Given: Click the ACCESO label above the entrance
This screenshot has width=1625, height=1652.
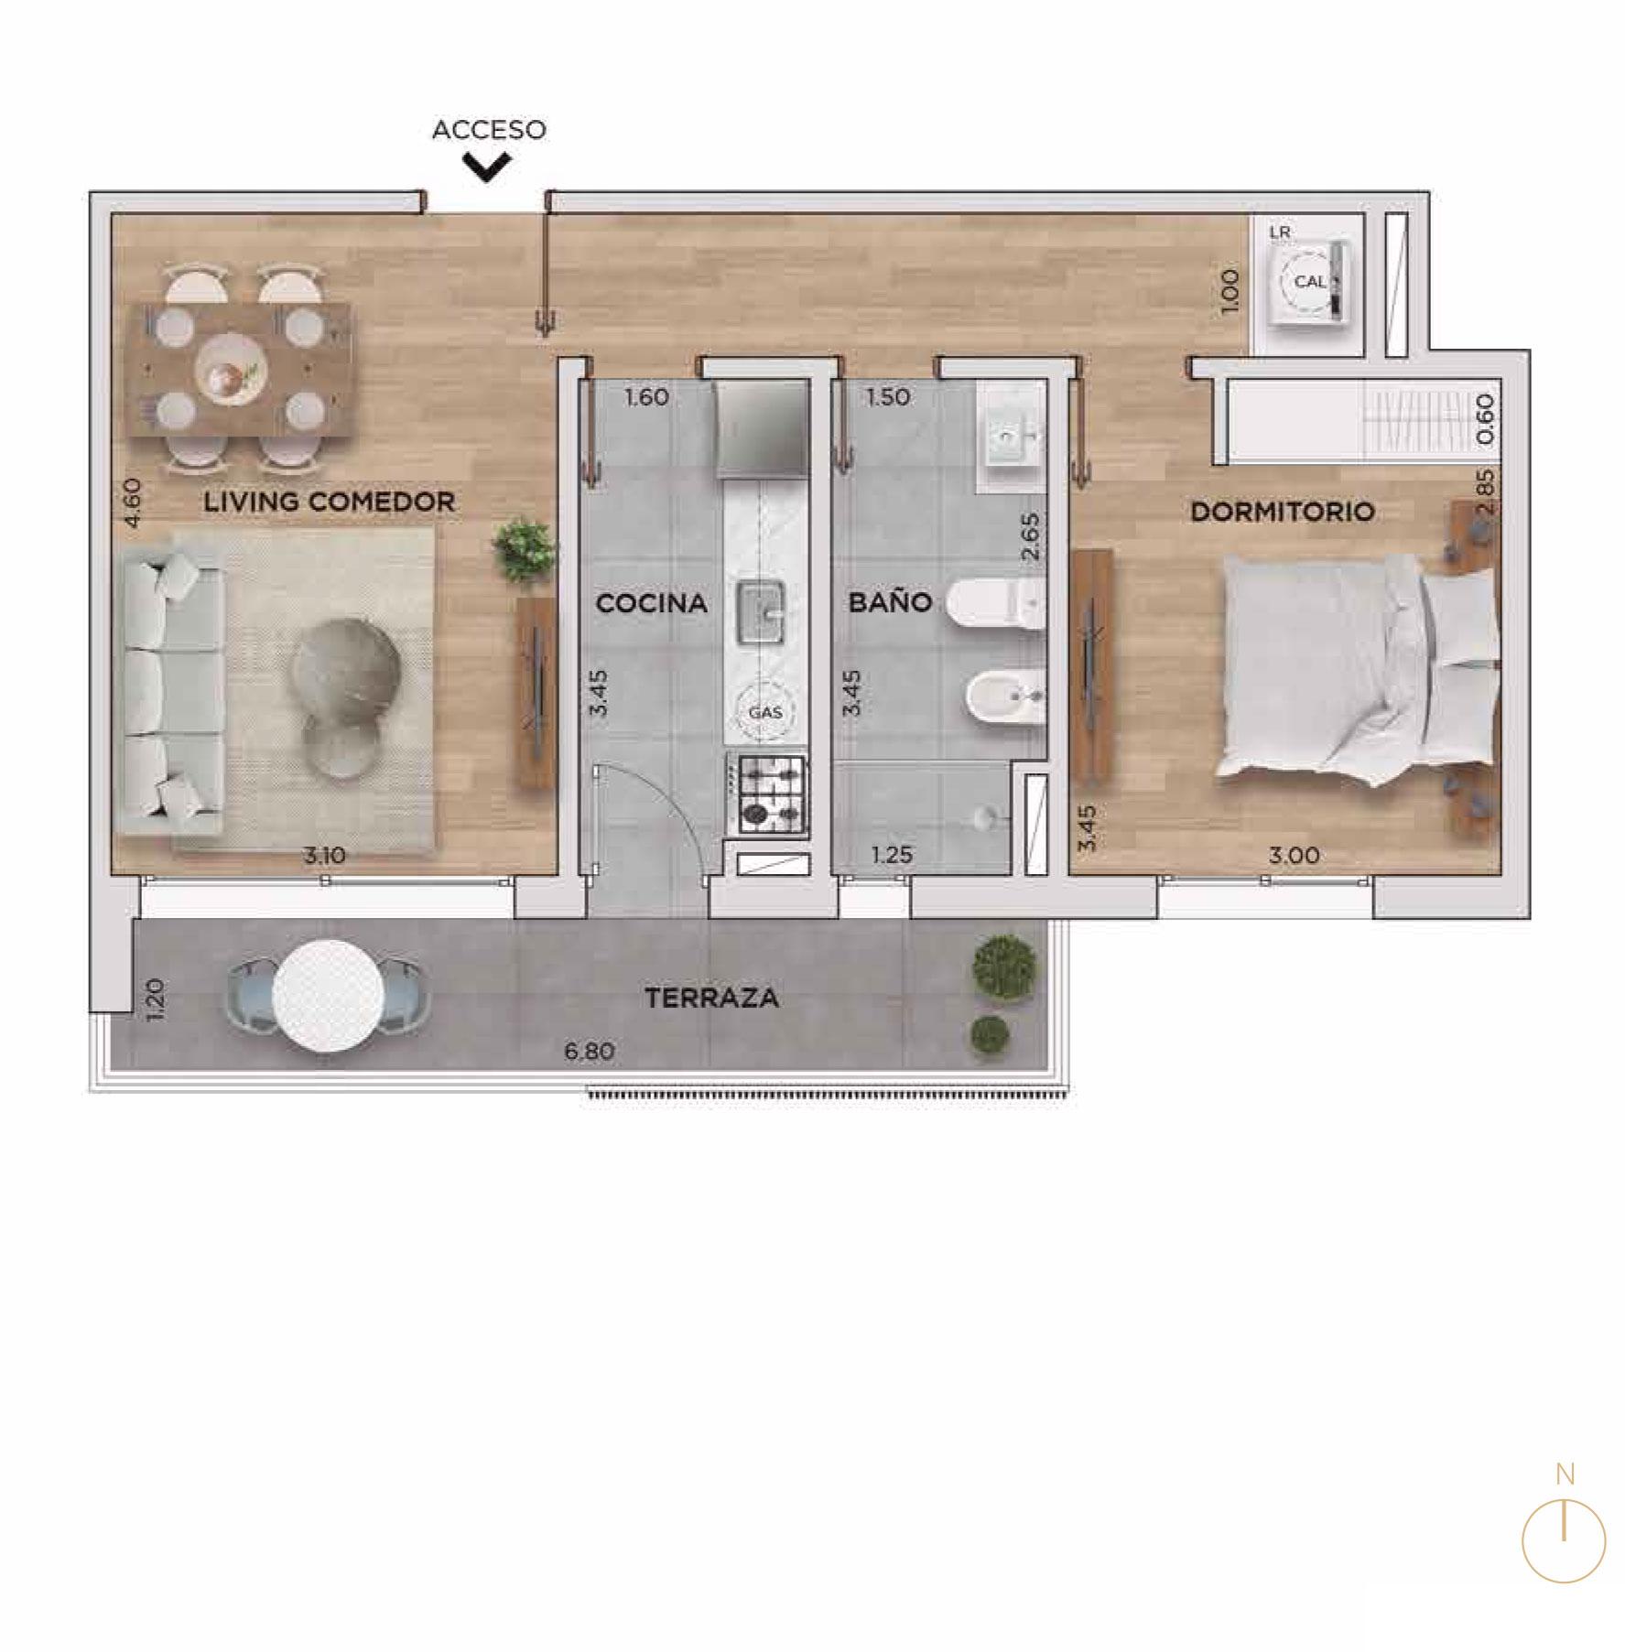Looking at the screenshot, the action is tap(489, 130).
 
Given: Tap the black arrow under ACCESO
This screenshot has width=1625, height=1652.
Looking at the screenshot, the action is tap(486, 167).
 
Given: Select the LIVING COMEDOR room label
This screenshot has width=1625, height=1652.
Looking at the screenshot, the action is tap(330, 502).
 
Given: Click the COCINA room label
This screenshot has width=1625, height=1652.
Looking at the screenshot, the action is tap(651, 603).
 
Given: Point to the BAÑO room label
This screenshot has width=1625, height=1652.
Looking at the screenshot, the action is tap(890, 601).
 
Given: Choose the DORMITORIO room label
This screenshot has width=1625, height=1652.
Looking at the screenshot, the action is tap(1283, 512).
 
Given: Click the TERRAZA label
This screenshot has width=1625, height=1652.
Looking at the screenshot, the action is tap(711, 998).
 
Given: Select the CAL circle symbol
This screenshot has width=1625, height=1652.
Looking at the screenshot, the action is tap(1309, 282).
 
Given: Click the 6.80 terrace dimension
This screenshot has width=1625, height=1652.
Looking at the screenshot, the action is tap(590, 1052).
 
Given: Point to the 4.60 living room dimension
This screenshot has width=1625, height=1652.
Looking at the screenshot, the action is tap(134, 503).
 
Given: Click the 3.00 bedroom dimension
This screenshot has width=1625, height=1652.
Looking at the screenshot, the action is tap(1295, 856).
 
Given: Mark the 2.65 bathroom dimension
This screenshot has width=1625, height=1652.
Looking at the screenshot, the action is tap(1031, 536).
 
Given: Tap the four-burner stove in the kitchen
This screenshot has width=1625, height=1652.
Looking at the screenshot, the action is tap(767, 794).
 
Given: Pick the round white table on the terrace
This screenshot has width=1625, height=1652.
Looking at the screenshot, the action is tap(328, 996).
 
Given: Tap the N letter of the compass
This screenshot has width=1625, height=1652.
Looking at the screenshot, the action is tap(1565, 1474).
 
